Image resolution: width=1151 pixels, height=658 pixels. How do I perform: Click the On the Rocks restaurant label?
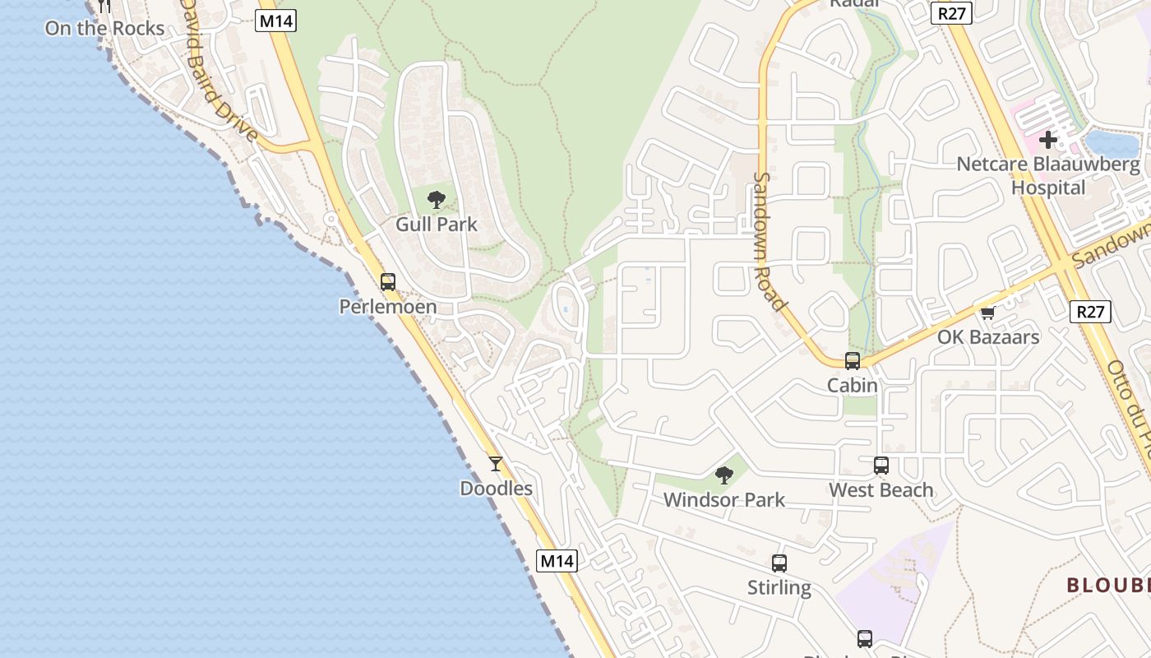pyautogui.click(x=104, y=28)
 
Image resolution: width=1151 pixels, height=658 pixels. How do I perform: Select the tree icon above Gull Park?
pyautogui.click(x=437, y=199)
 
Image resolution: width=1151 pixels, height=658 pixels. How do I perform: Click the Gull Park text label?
pyautogui.click(x=437, y=224)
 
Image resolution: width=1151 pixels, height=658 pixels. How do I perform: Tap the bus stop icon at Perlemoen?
pyautogui.click(x=388, y=282)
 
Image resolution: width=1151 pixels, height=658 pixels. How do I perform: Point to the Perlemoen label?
pyautogui.click(x=388, y=307)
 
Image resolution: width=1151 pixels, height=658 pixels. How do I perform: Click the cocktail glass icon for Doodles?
pyautogui.click(x=496, y=464)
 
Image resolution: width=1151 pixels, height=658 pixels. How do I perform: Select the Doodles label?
pyautogui.click(x=496, y=489)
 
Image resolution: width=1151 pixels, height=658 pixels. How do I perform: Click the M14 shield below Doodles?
pyautogui.click(x=557, y=561)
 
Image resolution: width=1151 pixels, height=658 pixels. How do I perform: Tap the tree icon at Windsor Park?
pyautogui.click(x=724, y=475)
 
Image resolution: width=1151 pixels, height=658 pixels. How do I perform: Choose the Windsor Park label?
pyautogui.click(x=724, y=499)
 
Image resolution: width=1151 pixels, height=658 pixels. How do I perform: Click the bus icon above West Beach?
pyautogui.click(x=881, y=465)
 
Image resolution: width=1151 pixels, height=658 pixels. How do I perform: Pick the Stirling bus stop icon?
pyautogui.click(x=779, y=563)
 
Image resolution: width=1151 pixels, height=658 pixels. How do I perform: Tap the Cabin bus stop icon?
pyautogui.click(x=853, y=360)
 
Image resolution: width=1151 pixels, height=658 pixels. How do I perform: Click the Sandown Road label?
pyautogui.click(x=770, y=241)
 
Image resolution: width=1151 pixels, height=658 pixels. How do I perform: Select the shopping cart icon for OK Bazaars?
pyautogui.click(x=988, y=313)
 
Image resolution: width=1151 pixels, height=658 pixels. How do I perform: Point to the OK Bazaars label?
pyautogui.click(x=988, y=336)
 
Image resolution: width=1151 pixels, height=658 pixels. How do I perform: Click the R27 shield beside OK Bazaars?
pyautogui.click(x=1091, y=312)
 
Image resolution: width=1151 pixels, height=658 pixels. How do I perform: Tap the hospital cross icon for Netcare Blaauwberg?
pyautogui.click(x=1048, y=140)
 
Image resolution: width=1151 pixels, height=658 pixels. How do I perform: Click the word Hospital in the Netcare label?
pyautogui.click(x=1048, y=188)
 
